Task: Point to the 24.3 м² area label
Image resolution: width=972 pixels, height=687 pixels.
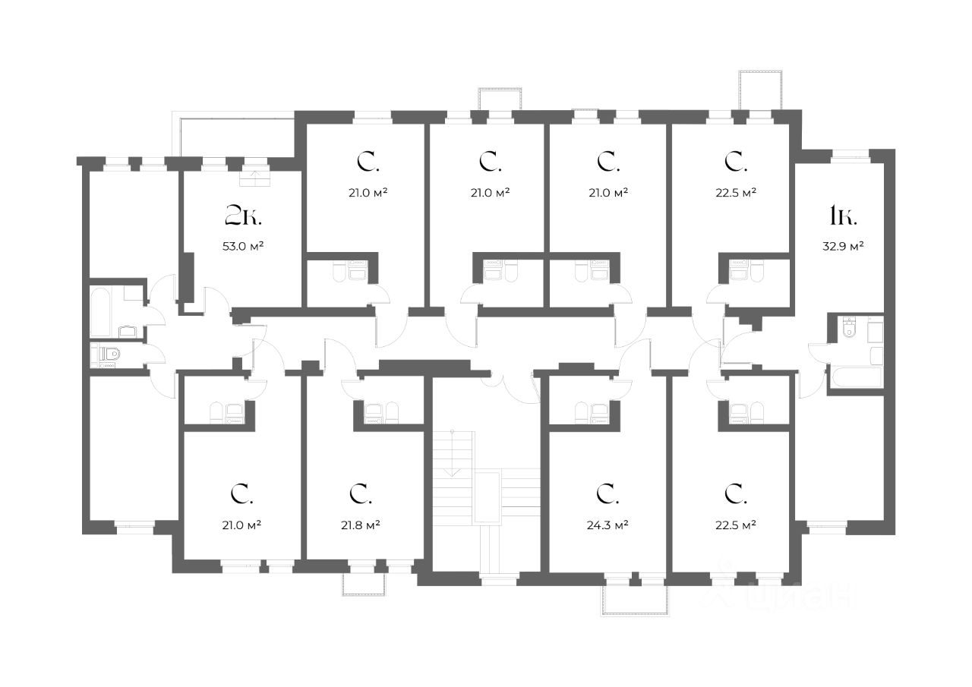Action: (x=609, y=525)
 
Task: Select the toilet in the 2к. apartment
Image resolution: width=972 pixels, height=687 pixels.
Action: (x=108, y=354)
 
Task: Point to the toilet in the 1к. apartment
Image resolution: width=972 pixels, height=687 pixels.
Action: (x=850, y=328)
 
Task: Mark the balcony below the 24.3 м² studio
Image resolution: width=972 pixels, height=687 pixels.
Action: (x=636, y=599)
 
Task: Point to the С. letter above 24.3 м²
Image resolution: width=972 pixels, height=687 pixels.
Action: (x=607, y=494)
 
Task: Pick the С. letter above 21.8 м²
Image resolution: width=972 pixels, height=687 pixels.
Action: (x=360, y=494)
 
